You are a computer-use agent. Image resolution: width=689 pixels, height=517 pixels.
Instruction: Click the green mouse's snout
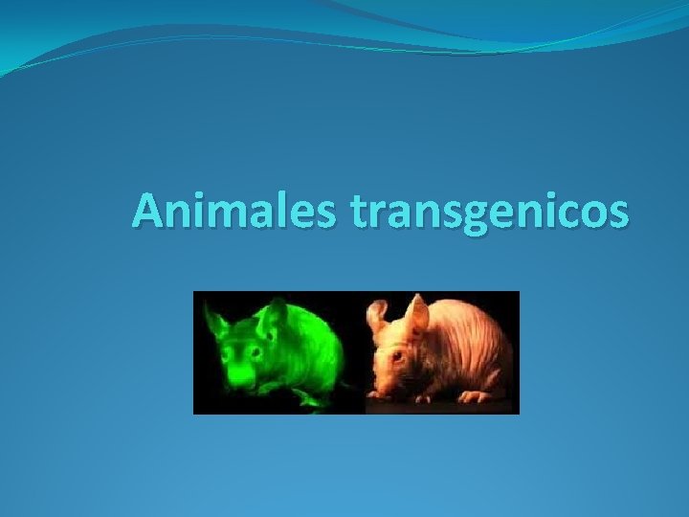[x=238, y=377]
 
